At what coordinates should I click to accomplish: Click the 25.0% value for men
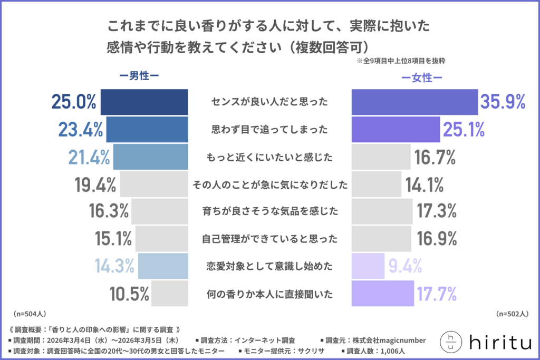(x=73, y=102)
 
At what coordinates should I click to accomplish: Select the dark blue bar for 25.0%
(x=144, y=102)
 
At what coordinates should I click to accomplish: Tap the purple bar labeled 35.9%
(x=414, y=102)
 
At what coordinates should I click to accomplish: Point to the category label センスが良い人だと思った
(x=269, y=102)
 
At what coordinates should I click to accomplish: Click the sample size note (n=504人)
(x=30, y=313)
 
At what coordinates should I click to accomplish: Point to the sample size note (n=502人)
(x=512, y=313)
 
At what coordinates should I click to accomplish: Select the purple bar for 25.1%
(x=396, y=130)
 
